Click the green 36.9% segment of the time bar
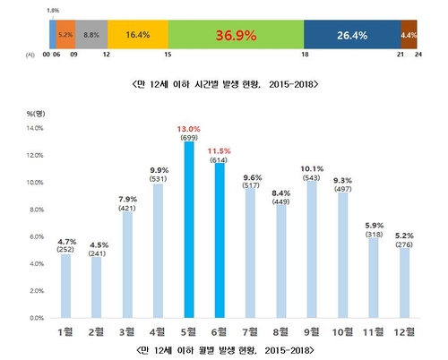(x=236, y=35)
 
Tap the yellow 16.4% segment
(x=138, y=35)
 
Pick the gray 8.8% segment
(x=90, y=35)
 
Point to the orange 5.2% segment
(x=65, y=35)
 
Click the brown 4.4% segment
(x=409, y=35)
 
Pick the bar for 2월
(x=96, y=287)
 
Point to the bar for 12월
(x=405, y=282)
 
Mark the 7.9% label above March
(x=126, y=199)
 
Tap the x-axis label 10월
(x=343, y=331)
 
